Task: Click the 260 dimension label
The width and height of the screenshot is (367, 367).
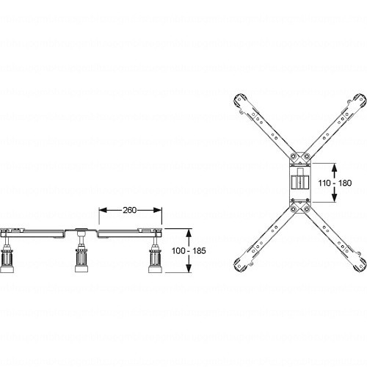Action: pyautogui.click(x=130, y=210)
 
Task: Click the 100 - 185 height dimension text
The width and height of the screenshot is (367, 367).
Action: pyautogui.click(x=189, y=251)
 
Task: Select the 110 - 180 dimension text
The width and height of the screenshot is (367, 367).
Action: pyautogui.click(x=335, y=183)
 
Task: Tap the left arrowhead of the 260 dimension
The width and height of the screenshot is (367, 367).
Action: pyautogui.click(x=103, y=210)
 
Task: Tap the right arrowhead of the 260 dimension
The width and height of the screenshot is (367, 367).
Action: pyautogui.click(x=158, y=210)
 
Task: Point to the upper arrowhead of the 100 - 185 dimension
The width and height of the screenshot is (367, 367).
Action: pyautogui.click(x=189, y=233)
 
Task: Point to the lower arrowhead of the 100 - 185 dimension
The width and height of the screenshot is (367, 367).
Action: pyautogui.click(x=189, y=268)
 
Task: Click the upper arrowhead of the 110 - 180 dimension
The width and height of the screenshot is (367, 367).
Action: pyautogui.click(x=335, y=167)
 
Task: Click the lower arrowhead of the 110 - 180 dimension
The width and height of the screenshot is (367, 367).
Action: pyautogui.click(x=335, y=198)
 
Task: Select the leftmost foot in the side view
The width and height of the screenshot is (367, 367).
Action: pyautogui.click(x=7, y=260)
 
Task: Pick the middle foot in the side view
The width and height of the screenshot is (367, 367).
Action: pyautogui.click(x=81, y=259)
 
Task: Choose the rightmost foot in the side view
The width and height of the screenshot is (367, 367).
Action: pyautogui.click(x=156, y=260)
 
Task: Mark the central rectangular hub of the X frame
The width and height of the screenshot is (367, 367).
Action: pyautogui.click(x=300, y=183)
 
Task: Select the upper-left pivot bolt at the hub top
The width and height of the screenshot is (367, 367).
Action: pyautogui.click(x=294, y=156)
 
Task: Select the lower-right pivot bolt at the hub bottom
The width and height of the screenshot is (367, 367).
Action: pyautogui.click(x=307, y=209)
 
